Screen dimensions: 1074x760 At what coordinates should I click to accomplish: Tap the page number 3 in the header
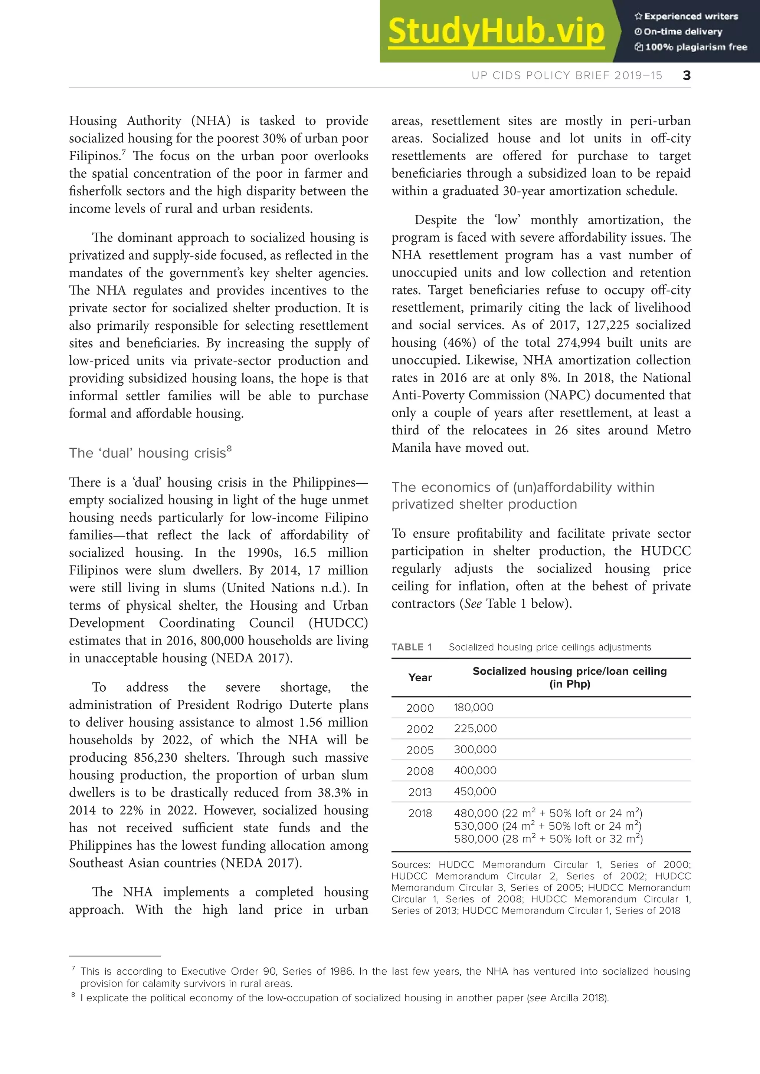pyautogui.click(x=687, y=75)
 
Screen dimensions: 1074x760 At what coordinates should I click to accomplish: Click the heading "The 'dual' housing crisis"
pyautogui.click(x=150, y=453)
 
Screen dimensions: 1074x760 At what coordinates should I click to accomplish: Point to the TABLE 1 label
pyautogui.click(x=411, y=647)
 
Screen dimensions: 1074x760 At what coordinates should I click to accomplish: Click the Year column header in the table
pyautogui.click(x=420, y=677)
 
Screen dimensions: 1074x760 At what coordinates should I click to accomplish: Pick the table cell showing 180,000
pyautogui.click(x=473, y=707)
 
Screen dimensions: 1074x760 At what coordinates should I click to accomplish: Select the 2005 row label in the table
pyautogui.click(x=420, y=750)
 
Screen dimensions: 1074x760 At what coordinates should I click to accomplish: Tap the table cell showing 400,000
pyautogui.click(x=475, y=770)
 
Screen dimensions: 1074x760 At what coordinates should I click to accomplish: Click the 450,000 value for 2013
pyautogui.click(x=475, y=791)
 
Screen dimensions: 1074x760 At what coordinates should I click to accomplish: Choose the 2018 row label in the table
pyautogui.click(x=420, y=813)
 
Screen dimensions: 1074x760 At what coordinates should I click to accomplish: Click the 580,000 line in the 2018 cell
pyautogui.click(x=547, y=839)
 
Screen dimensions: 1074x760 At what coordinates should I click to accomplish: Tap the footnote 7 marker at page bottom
pyautogui.click(x=73, y=969)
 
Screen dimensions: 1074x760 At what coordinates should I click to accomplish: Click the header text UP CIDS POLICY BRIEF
pyautogui.click(x=567, y=75)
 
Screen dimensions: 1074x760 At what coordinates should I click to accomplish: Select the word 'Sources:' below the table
pyautogui.click(x=410, y=864)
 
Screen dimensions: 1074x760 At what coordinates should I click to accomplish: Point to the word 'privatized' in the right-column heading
pyautogui.click(x=421, y=504)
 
